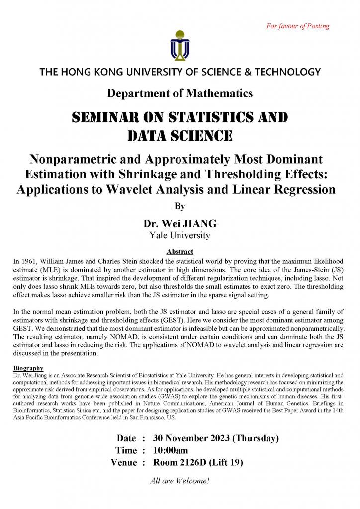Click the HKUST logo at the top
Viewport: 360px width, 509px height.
point(180,45)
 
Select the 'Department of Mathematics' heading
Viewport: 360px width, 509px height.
point(180,93)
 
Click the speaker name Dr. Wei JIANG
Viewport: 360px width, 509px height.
point(180,224)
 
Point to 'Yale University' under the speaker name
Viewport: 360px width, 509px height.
point(180,235)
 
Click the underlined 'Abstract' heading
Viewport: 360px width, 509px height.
point(180,252)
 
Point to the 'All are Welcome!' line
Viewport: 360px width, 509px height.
point(180,481)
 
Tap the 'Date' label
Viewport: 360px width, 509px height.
point(126,438)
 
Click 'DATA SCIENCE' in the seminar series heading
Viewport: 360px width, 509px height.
point(180,135)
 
